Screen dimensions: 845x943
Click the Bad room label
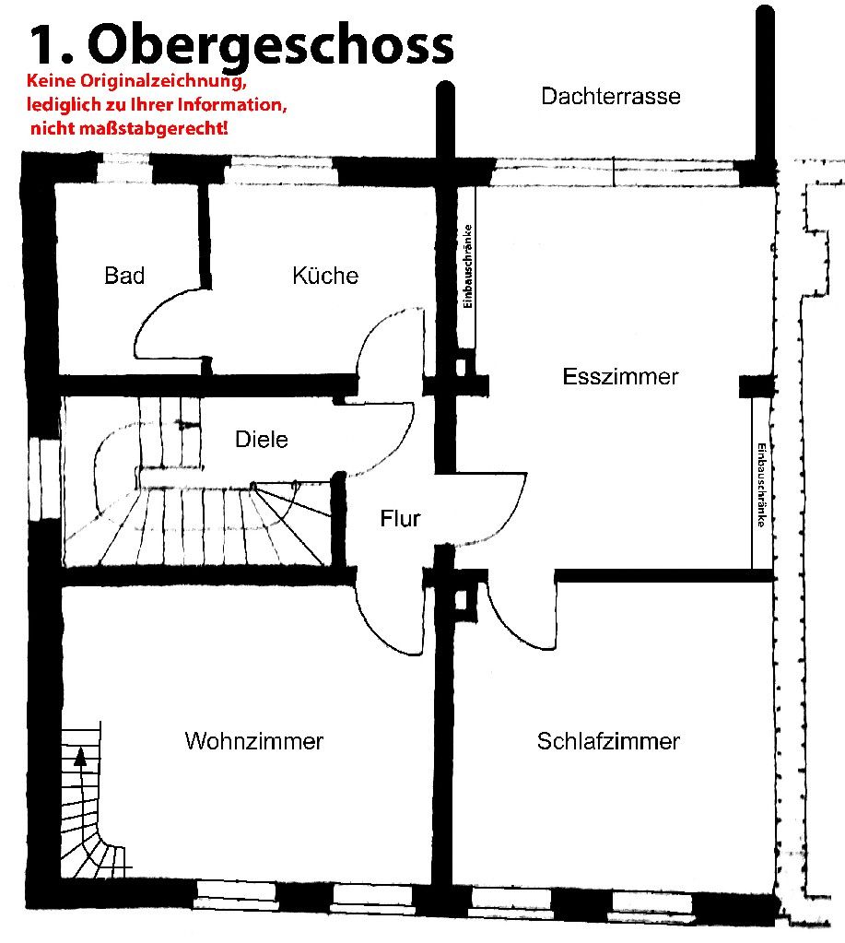click(124, 276)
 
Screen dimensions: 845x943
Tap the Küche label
click(325, 276)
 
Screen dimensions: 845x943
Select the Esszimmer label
click(620, 376)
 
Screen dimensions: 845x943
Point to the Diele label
click(262, 439)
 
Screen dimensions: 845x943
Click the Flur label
click(400, 518)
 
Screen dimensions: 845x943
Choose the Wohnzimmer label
click(254, 741)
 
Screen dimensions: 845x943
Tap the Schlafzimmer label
click(608, 741)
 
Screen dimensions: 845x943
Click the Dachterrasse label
click(611, 96)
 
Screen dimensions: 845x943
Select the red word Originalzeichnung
click(163, 81)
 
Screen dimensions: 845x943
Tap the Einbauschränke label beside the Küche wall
click(468, 266)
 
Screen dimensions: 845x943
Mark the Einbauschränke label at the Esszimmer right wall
click(761, 486)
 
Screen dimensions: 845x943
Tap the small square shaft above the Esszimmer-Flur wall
click(461, 367)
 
